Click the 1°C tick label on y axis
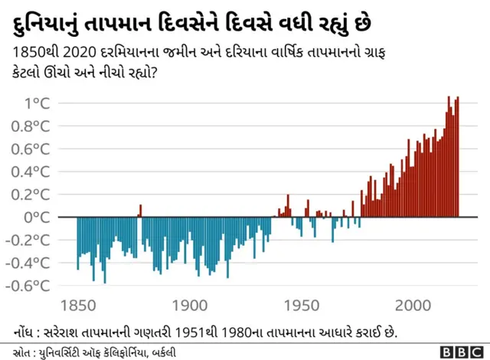coord(38,103)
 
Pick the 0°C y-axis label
coord(41,217)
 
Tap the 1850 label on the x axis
coord(77,306)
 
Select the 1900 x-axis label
coord(189,306)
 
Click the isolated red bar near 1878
coord(140,211)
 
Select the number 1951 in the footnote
coord(187,332)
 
